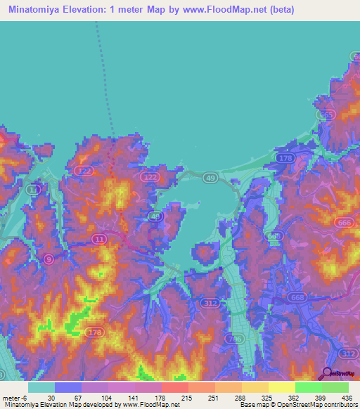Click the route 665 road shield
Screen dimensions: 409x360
326,115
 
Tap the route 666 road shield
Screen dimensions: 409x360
345,223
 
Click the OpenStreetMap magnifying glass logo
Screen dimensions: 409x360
327,375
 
